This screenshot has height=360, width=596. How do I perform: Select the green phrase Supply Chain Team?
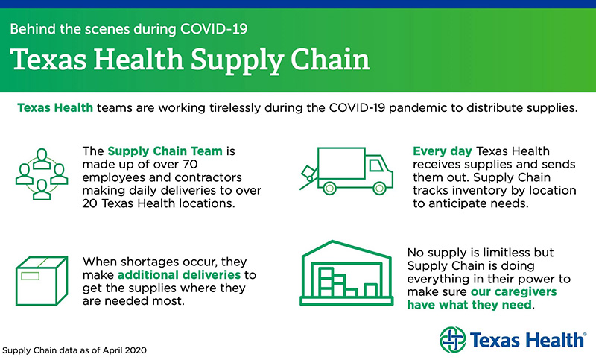[x=165, y=151]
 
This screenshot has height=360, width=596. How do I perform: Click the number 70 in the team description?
[x=188, y=164]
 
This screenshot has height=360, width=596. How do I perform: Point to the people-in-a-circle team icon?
[x=42, y=174]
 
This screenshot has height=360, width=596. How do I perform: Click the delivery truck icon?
[x=346, y=171]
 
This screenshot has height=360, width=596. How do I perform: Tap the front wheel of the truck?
[x=379, y=188]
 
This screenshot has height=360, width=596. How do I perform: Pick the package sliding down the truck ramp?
[x=309, y=174]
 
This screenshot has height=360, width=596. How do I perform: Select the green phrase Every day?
[x=443, y=151]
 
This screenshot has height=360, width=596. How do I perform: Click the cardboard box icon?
[x=42, y=281]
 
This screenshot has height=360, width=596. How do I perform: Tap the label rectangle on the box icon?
[x=31, y=276]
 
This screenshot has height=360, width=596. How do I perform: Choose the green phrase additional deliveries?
[x=179, y=275]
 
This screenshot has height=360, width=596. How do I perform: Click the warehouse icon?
[x=346, y=273]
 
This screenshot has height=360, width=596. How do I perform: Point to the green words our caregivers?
[x=514, y=292]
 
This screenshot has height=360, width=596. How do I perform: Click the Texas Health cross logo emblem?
[x=452, y=339]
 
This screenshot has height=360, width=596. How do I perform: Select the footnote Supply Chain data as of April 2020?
[x=74, y=350]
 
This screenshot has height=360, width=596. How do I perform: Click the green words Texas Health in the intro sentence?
[x=55, y=108]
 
